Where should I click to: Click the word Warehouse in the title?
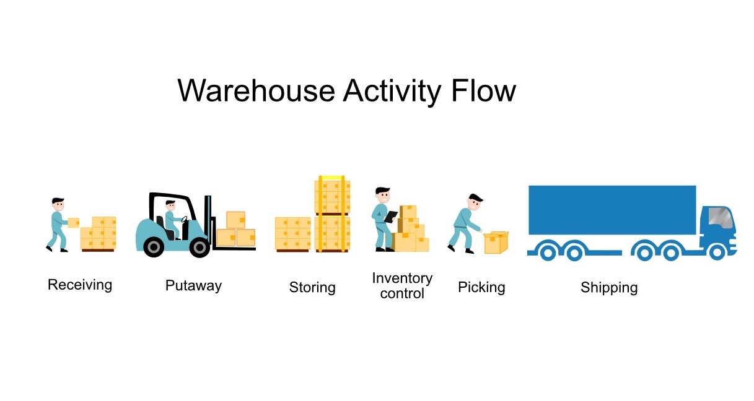[x=256, y=90]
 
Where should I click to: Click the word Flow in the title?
[x=483, y=90]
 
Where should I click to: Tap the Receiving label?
[x=80, y=285]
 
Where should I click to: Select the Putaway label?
[x=193, y=286]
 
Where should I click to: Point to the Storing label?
[x=312, y=288]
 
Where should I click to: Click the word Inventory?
[x=402, y=278]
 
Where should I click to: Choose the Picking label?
[x=481, y=288]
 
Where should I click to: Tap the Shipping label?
[x=609, y=288]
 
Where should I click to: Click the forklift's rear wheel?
[x=154, y=247]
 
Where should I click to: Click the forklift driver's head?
[x=170, y=205]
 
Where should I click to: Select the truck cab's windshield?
[x=721, y=218]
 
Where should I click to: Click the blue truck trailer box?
[x=612, y=210]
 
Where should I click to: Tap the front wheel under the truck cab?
[x=717, y=252]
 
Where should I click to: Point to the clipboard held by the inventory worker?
[x=390, y=217]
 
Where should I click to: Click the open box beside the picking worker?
[x=496, y=243]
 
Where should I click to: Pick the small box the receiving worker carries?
[x=73, y=223]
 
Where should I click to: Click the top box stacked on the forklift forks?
[x=235, y=220]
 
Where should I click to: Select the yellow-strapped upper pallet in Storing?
[x=332, y=195]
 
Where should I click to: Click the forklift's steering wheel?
[x=184, y=219]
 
